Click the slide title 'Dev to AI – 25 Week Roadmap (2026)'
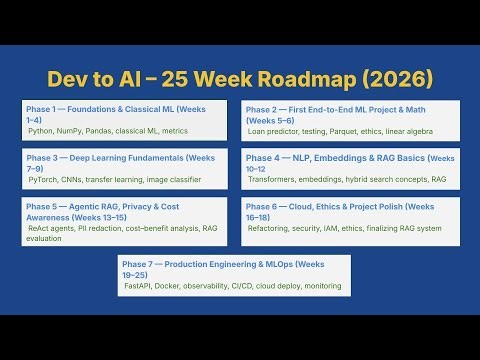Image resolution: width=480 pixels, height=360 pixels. pos(239,78)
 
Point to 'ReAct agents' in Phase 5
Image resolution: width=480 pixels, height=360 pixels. pos(53,229)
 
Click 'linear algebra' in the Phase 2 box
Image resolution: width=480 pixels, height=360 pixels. pos(424,130)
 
